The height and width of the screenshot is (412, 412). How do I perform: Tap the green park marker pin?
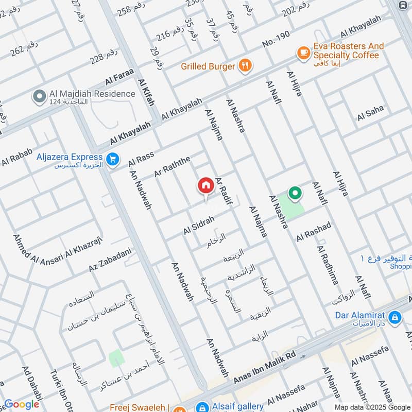pyautogui.click(x=295, y=194)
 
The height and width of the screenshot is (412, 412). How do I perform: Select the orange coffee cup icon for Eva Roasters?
pyautogui.click(x=303, y=53)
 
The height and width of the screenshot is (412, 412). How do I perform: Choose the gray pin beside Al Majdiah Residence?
pyautogui.click(x=38, y=96)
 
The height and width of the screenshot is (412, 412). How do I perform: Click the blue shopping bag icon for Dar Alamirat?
pyautogui.click(x=395, y=317)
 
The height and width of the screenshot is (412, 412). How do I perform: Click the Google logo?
pyautogui.click(x=22, y=404)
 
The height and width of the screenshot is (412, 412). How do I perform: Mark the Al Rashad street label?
pyautogui.click(x=313, y=233)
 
